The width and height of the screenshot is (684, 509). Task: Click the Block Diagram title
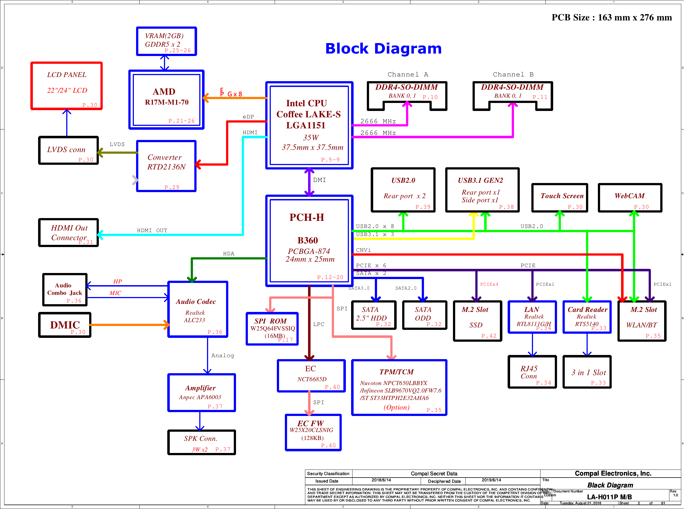pyautogui.click(x=383, y=49)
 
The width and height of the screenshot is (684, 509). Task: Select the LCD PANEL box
pyautogui.click(x=67, y=86)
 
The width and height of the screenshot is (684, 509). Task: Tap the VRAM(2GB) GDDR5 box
pyautogui.click(x=166, y=41)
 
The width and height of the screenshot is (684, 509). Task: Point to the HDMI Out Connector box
pyautogui.click(x=68, y=233)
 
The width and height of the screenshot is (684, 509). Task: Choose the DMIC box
pyautogui.click(x=65, y=325)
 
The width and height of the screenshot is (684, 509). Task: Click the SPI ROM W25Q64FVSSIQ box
pyautogui.click(x=272, y=329)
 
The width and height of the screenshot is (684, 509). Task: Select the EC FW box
pyautogui.click(x=313, y=433)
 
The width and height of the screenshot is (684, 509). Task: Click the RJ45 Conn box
pyautogui.click(x=532, y=372)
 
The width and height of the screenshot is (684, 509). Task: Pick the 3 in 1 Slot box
pyautogui.click(x=587, y=372)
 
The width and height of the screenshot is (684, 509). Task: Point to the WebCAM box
pyautogui.click(x=630, y=197)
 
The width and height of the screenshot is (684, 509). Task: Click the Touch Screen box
pyautogui.click(x=560, y=197)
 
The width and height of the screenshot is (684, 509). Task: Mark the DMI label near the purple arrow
pyautogui.click(x=320, y=180)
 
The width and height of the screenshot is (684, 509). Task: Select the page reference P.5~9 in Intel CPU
pyautogui.click(x=330, y=160)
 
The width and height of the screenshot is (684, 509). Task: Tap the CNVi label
pyautogui.click(x=363, y=250)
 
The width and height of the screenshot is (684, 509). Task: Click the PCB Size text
pyautogui.click(x=612, y=18)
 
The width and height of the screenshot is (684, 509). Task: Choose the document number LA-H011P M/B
pyautogui.click(x=609, y=497)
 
